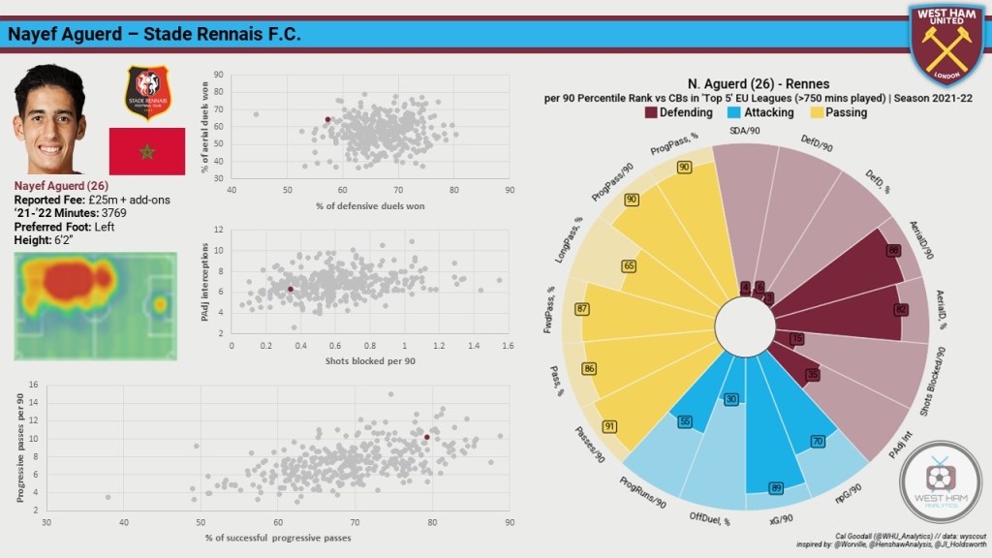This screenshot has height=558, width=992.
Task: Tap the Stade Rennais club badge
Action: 147,93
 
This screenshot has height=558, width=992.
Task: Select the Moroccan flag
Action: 146,151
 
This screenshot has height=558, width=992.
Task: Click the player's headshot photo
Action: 49,118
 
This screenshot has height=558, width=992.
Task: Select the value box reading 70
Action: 818,442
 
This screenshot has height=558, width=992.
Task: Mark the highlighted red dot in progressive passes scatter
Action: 426,437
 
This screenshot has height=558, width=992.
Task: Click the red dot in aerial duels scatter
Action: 327,120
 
